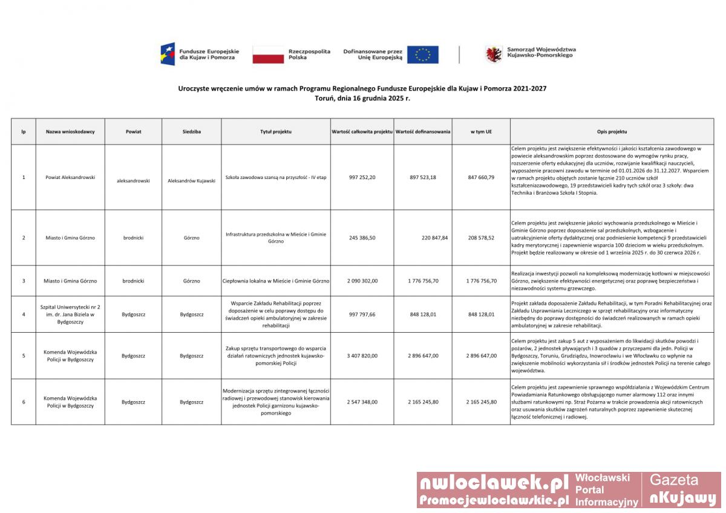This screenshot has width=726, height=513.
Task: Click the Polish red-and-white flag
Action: coord(268,54)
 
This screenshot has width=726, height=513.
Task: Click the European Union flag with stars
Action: coord(422,54)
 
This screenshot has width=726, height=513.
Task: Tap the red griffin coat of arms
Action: coord(494,54)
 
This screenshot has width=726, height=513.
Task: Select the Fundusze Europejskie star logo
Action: coord(168,54)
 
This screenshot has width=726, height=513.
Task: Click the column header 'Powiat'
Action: coord(133,131)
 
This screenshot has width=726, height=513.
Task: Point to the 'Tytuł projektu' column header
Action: coord(276,131)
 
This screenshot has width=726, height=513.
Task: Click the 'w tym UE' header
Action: coord(481,131)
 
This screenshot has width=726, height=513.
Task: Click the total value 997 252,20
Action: coord(362,177)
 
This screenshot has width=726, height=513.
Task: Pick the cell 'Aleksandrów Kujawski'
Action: coord(191,181)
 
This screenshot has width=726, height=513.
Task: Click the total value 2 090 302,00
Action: coord(362,281)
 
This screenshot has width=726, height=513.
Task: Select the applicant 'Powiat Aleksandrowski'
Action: coord(70,177)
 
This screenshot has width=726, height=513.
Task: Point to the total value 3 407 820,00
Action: coord(362,356)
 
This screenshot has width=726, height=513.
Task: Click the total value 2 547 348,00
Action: coord(362,402)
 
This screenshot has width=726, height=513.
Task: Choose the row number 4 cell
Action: coord(24,315)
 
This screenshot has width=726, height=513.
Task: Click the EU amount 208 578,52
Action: coord(481,238)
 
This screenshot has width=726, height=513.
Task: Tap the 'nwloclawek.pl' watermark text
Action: coord(494,482)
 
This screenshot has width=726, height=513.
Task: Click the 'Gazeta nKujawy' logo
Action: coord(682,489)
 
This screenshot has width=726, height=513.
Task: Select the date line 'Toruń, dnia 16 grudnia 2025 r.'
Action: coord(362,98)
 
